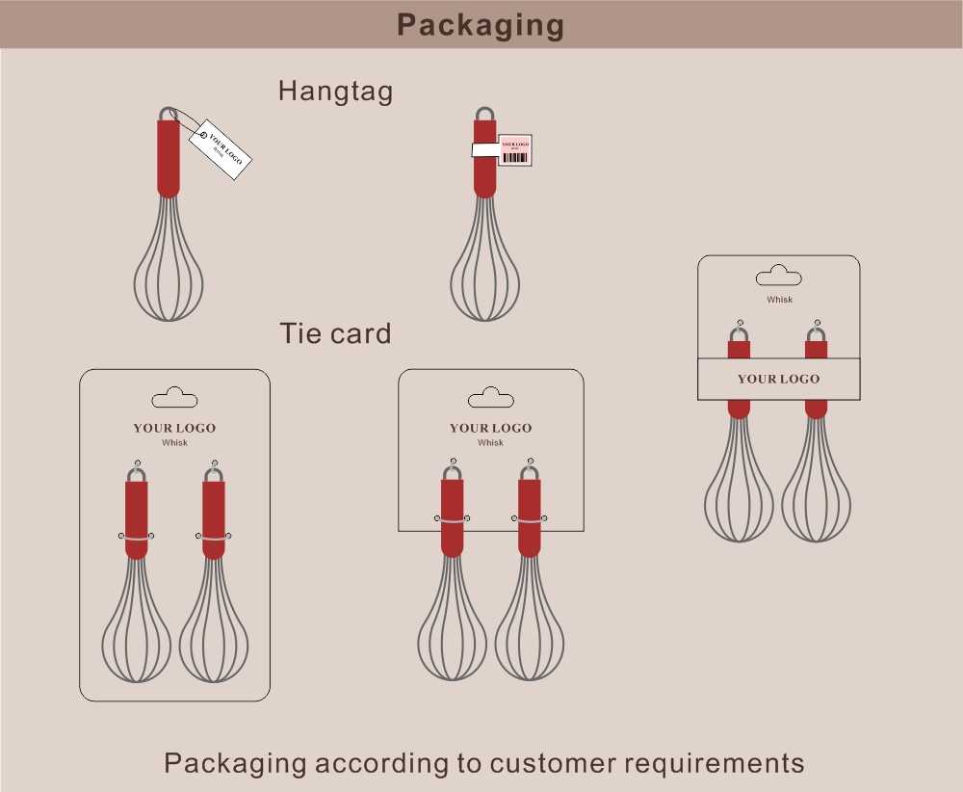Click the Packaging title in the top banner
coord(481,25)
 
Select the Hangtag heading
coord(335,92)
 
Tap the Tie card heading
coord(335,334)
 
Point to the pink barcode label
coord(515,149)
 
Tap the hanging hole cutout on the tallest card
coord(174,397)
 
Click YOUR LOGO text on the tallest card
coord(174,428)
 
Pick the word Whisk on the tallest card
coord(174,443)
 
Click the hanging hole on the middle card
coord(490,397)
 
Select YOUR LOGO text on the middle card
coord(490,428)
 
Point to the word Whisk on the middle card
coord(490,443)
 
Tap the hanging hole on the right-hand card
coord(778,277)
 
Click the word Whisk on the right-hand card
coord(779,300)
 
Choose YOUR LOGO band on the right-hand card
coord(778,379)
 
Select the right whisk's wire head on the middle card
coord(530,631)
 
